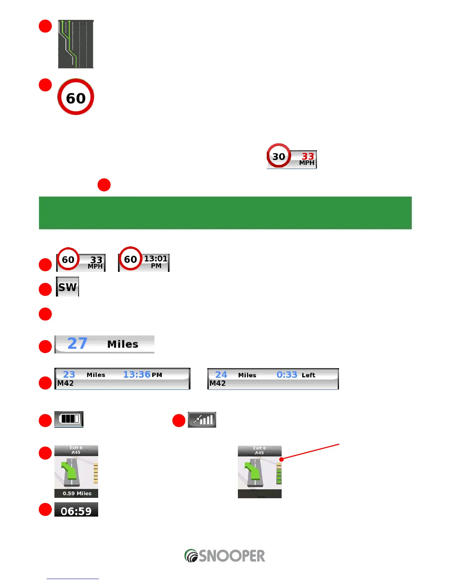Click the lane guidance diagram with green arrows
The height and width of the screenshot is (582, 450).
(x=76, y=44)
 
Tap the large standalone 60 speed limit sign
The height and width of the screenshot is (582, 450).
(x=76, y=97)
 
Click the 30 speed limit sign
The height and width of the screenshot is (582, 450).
(x=279, y=156)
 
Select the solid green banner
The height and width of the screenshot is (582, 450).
(x=225, y=213)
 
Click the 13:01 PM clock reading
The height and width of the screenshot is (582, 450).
(x=156, y=261)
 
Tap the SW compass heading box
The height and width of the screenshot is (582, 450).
(x=68, y=287)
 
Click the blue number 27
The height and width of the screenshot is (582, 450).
(x=77, y=344)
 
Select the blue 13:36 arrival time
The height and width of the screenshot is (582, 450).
(x=137, y=374)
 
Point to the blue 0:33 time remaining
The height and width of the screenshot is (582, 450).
(x=287, y=375)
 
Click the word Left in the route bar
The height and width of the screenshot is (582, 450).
(x=308, y=375)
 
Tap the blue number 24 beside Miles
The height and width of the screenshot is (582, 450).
(x=221, y=375)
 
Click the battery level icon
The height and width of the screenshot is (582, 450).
(x=69, y=419)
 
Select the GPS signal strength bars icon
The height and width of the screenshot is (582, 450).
(x=202, y=420)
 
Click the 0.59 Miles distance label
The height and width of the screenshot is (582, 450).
(x=76, y=493)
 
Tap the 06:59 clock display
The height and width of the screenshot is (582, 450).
(x=76, y=511)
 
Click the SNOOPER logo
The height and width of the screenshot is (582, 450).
(x=225, y=556)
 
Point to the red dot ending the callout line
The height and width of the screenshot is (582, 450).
(x=282, y=459)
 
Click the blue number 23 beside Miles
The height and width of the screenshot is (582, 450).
(x=69, y=374)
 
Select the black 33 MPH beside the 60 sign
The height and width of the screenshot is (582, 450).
(x=96, y=262)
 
